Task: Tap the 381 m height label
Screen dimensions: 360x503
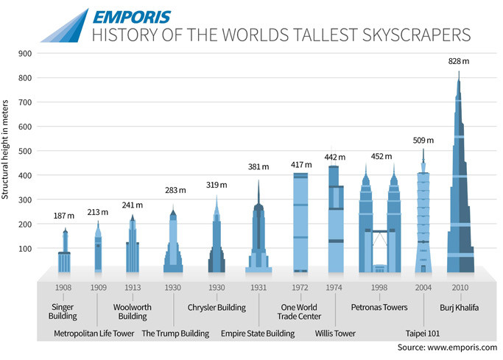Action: point(258,166)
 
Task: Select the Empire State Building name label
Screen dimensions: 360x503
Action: point(258,333)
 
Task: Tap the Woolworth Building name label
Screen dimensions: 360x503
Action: point(133,311)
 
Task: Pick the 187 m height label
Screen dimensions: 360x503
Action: point(65,216)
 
